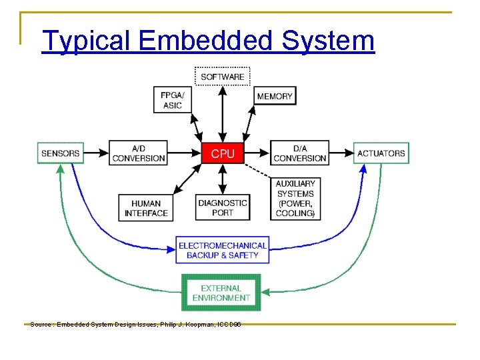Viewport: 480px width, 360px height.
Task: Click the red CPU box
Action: coord(223,153)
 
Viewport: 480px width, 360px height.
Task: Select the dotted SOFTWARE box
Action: coord(222,77)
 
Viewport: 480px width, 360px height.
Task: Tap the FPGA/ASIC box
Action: coord(172,100)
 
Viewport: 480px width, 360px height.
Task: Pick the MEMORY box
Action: coord(275,96)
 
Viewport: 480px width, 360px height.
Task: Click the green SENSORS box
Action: coord(60,153)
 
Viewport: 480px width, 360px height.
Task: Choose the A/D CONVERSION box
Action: coord(139,153)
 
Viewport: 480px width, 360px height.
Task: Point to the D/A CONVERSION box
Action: coord(300,153)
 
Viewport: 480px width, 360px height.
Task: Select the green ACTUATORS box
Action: coord(381,153)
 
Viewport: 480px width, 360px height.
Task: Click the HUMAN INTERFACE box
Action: coord(146,208)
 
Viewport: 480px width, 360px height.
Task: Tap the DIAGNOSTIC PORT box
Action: coord(223,207)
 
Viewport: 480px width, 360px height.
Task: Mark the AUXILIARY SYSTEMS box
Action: coord(295,198)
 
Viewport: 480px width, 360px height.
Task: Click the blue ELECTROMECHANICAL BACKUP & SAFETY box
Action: coord(223,250)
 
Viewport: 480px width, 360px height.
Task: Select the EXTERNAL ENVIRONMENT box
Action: coord(221,293)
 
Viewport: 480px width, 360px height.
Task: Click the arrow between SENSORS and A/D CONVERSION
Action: coord(95,153)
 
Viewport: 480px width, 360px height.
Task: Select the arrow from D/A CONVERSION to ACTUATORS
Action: coord(341,153)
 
